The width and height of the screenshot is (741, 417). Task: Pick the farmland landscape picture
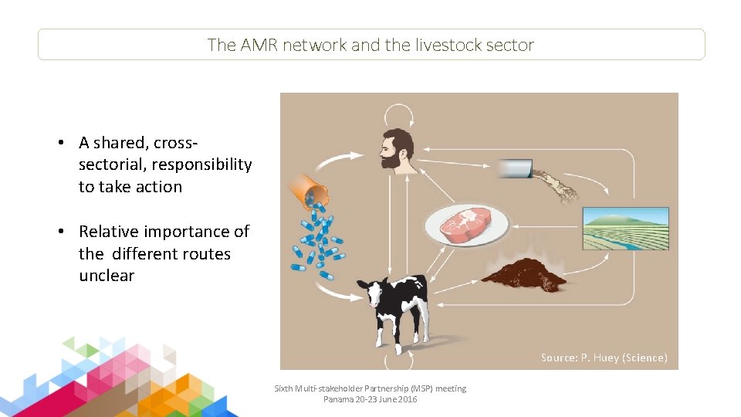625,228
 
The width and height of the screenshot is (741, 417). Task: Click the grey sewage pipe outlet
515,168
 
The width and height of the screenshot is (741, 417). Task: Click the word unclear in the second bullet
107,276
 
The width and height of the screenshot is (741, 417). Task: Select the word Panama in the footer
337,399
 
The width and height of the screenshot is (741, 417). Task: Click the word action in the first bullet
158,187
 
